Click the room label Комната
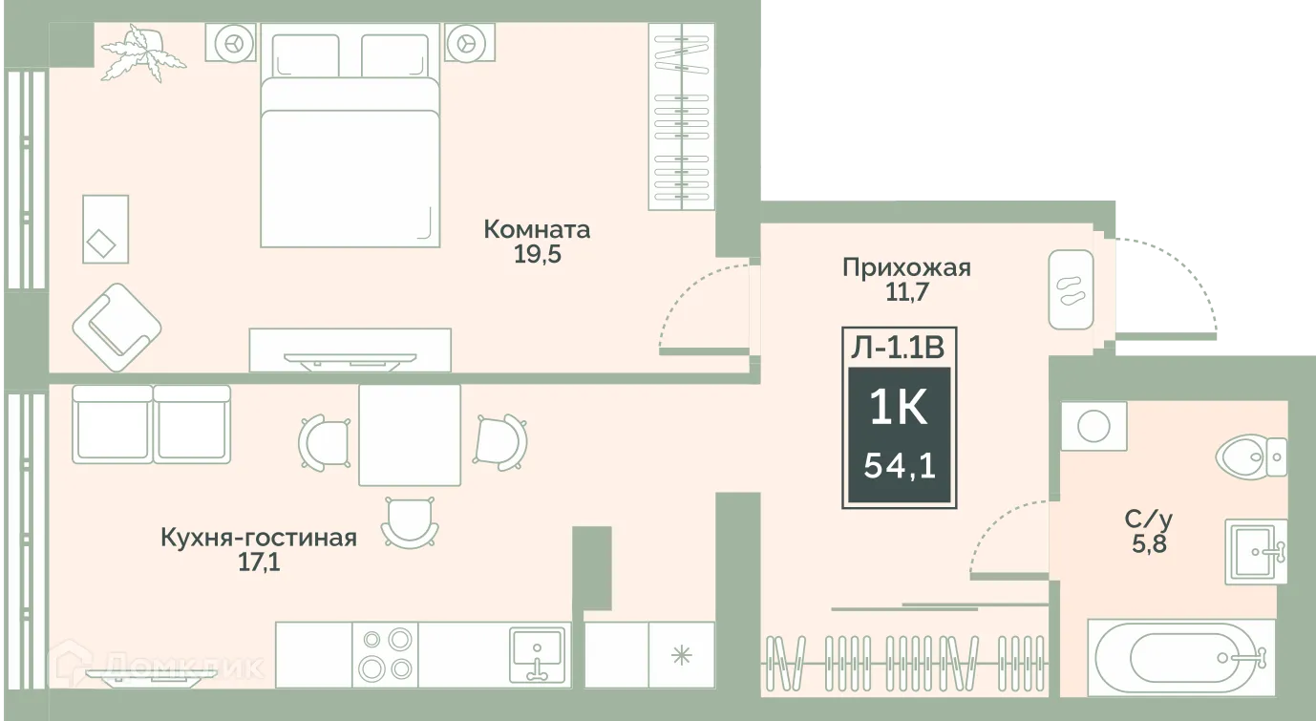pyautogui.click(x=537, y=229)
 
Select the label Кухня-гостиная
pyautogui.click(x=259, y=539)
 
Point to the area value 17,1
pyautogui.click(x=259, y=562)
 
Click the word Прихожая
pyautogui.click(x=906, y=268)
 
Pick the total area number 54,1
pyautogui.click(x=899, y=466)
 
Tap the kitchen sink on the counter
pyautogui.click(x=539, y=653)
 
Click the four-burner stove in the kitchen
pyautogui.click(x=385, y=653)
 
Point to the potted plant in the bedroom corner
pyautogui.click(x=143, y=55)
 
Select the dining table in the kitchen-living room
pyautogui.click(x=410, y=435)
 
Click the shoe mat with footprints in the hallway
pyautogui.click(x=1072, y=290)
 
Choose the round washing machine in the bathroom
pyautogui.click(x=1093, y=425)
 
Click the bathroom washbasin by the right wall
pyautogui.click(x=1255, y=552)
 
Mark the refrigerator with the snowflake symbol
pyautogui.click(x=681, y=654)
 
